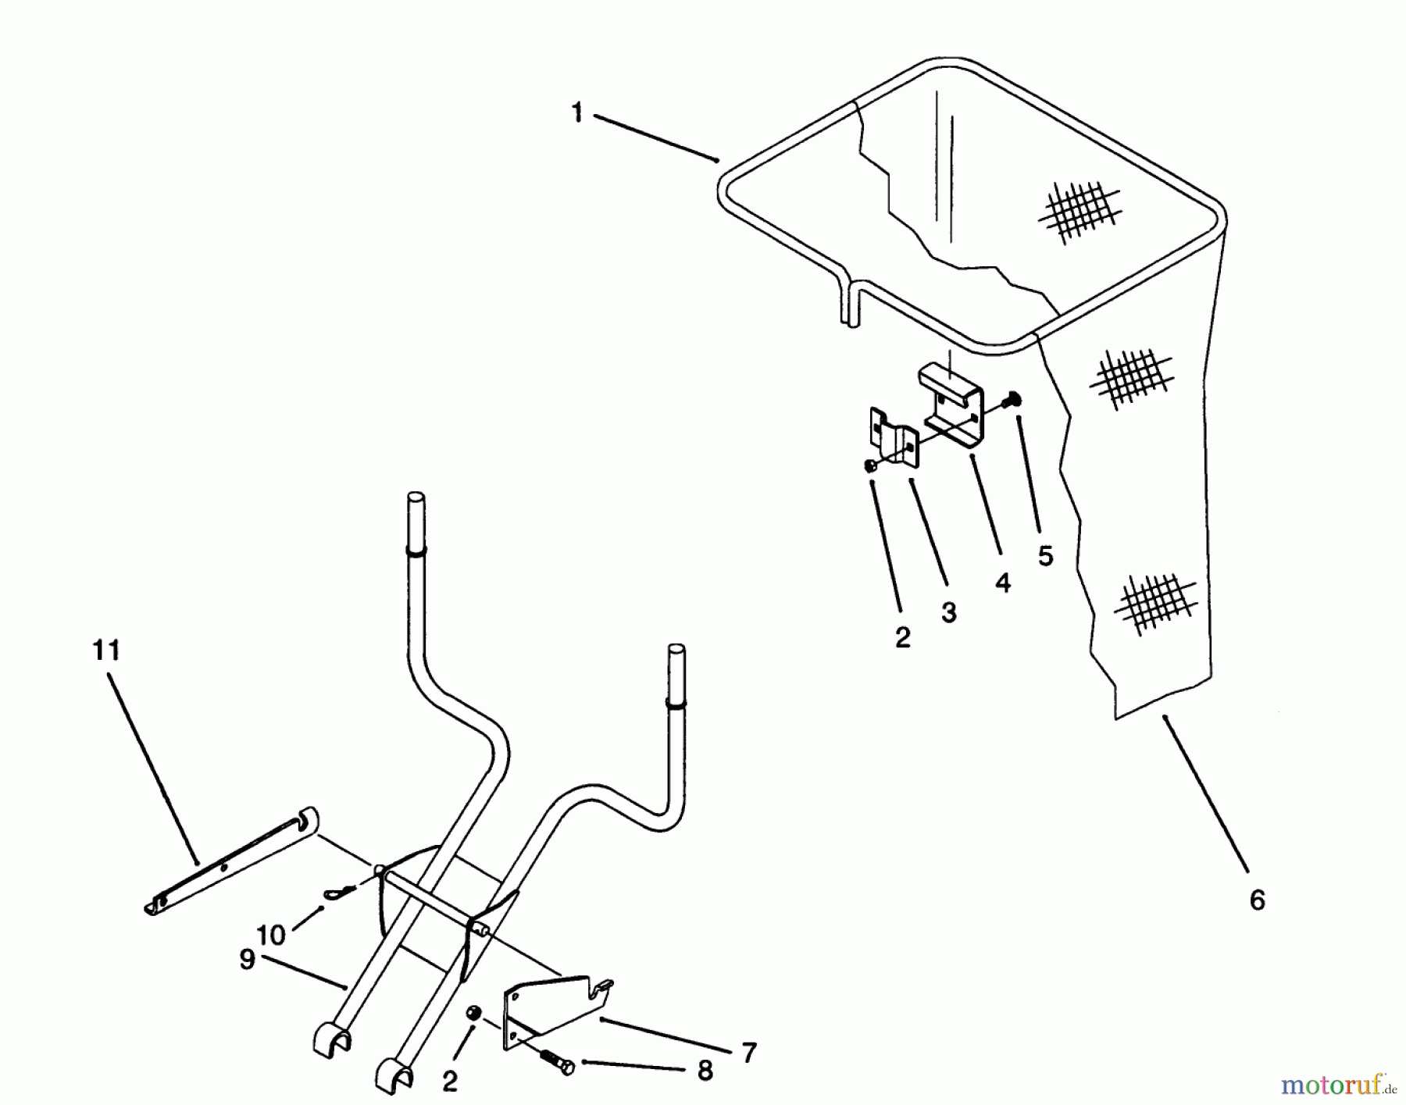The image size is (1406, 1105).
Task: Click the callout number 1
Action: pos(576,114)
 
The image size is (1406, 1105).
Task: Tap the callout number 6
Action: pos(1257,900)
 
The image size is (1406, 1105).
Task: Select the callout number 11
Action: pos(107,650)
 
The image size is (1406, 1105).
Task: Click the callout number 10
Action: pos(271,935)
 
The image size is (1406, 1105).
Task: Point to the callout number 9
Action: pos(247,959)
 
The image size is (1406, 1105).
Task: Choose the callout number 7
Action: pos(748,1053)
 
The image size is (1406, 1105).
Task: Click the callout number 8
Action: pos(705,1071)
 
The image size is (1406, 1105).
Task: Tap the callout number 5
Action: pos(1045,556)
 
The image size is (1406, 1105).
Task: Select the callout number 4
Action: pos(1003,583)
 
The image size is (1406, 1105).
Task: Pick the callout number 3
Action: pos(949,613)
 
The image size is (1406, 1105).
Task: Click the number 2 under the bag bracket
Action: pos(902,638)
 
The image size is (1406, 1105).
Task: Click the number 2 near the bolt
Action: pos(449,1082)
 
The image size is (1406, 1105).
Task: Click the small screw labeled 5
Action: pos(1014,399)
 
